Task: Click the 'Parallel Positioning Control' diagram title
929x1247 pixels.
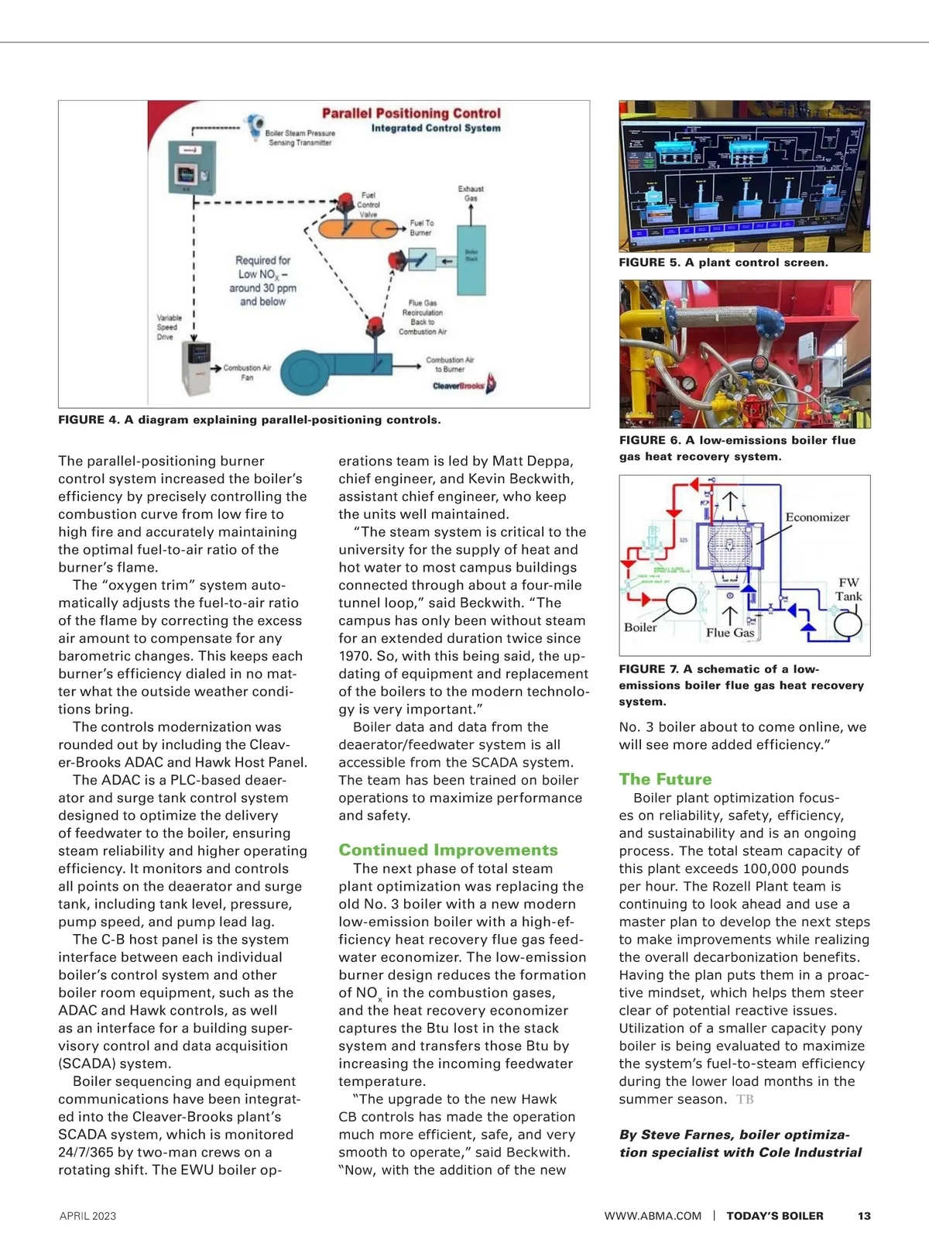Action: [411, 113]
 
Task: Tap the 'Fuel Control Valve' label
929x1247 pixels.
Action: [369, 205]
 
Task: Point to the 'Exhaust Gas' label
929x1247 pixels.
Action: [471, 194]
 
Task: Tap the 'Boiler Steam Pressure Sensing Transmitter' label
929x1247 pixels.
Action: [300, 138]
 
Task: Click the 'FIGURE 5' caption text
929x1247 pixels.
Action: [723, 263]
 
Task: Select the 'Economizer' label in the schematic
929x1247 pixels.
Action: [818, 517]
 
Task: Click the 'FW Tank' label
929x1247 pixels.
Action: [848, 589]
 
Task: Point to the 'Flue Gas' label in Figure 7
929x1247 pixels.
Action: [730, 633]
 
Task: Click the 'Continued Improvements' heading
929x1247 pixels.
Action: [448, 850]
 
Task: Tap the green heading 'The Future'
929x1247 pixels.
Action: [665, 779]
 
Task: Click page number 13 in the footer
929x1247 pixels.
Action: [864, 1216]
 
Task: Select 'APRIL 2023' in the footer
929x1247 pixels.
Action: [87, 1216]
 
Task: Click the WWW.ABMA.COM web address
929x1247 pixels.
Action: [653, 1216]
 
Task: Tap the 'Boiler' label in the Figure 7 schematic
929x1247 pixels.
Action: [640, 627]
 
